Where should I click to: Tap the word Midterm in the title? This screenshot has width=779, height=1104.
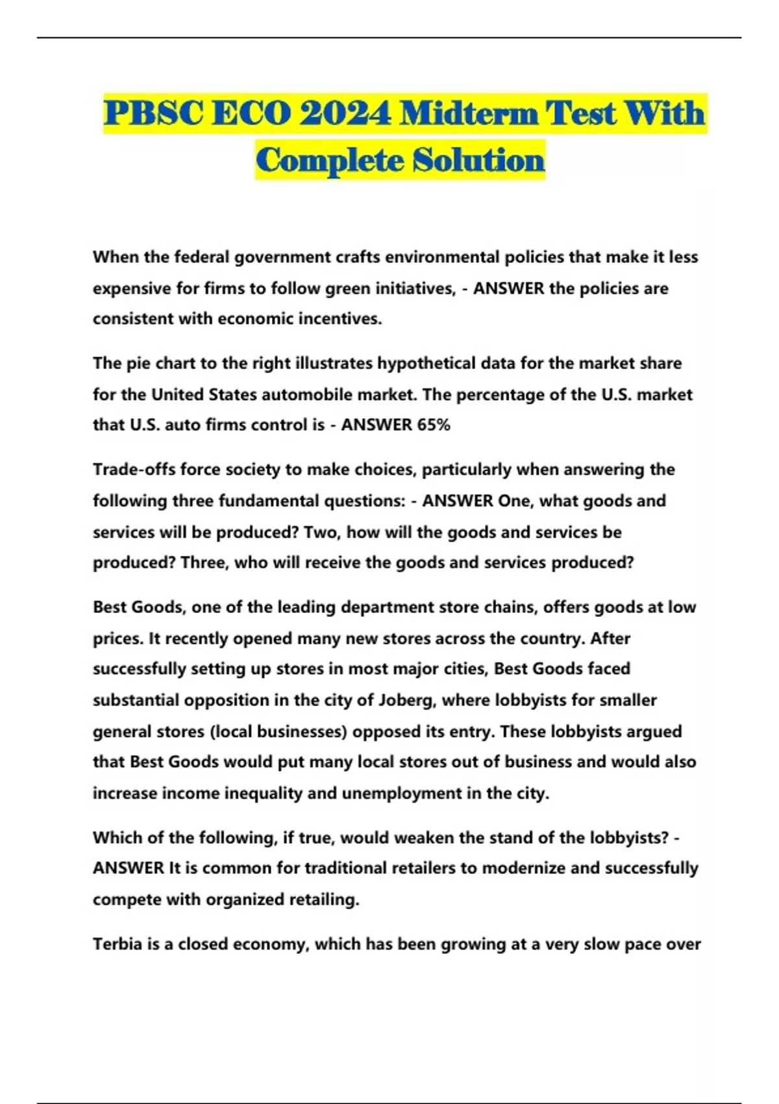click(x=468, y=114)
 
